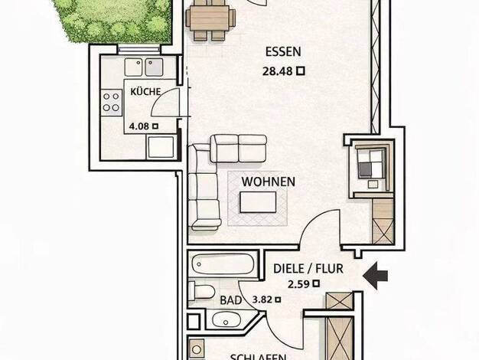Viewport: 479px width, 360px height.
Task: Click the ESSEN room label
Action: tap(283, 51)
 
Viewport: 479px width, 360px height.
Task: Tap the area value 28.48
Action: tap(278, 71)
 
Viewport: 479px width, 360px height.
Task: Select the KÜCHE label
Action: tap(145, 91)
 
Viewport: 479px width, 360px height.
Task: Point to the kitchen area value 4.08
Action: tap(139, 126)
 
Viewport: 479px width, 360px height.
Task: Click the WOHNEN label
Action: tap(269, 182)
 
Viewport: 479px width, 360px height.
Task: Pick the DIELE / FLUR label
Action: tap(308, 269)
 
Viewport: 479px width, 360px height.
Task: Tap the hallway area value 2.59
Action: tap(298, 284)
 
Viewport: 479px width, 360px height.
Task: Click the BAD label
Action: tap(231, 300)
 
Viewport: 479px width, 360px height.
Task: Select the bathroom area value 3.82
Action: tap(262, 299)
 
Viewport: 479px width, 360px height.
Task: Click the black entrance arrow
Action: tap(375, 276)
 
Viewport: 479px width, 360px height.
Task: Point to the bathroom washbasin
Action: tap(226, 320)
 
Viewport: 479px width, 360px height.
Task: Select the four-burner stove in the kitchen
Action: tap(111, 102)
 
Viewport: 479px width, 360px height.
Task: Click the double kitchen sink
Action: tap(144, 67)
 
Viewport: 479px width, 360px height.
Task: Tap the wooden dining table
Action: tap(210, 18)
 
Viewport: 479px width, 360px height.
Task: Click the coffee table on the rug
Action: tap(258, 202)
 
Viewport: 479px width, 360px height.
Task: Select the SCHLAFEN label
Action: tap(258, 357)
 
